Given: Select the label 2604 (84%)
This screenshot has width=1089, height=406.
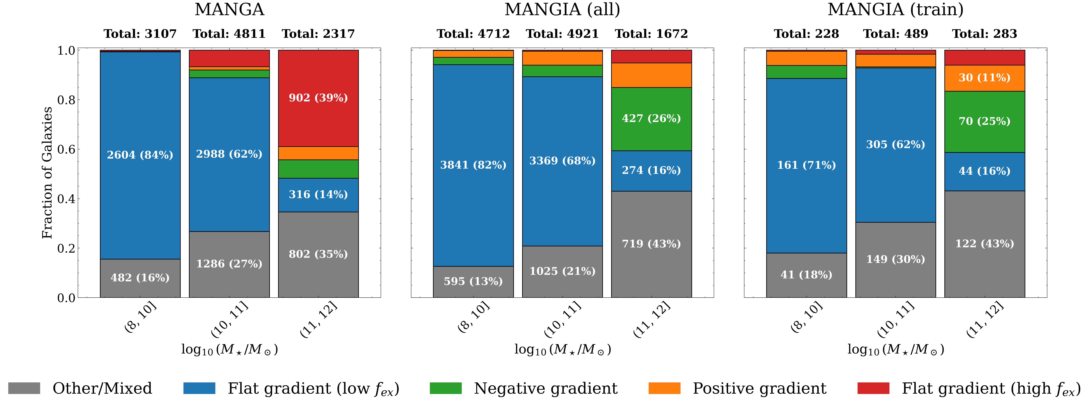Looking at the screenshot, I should [x=140, y=155].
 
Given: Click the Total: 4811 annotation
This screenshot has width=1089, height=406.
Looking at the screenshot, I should [x=229, y=34].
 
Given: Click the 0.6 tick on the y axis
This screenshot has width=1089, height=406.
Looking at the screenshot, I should [x=66, y=149].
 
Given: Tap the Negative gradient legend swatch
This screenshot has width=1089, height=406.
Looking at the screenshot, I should [x=445, y=388].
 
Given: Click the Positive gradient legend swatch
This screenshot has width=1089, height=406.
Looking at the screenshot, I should [x=665, y=388].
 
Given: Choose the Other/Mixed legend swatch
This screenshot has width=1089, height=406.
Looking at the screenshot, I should [x=24, y=388].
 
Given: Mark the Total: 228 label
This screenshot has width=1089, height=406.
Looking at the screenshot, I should [x=806, y=34].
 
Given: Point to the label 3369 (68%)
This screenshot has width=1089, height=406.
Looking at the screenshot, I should [x=562, y=161].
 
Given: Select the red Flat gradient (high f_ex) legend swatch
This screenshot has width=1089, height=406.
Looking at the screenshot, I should [x=873, y=388].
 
